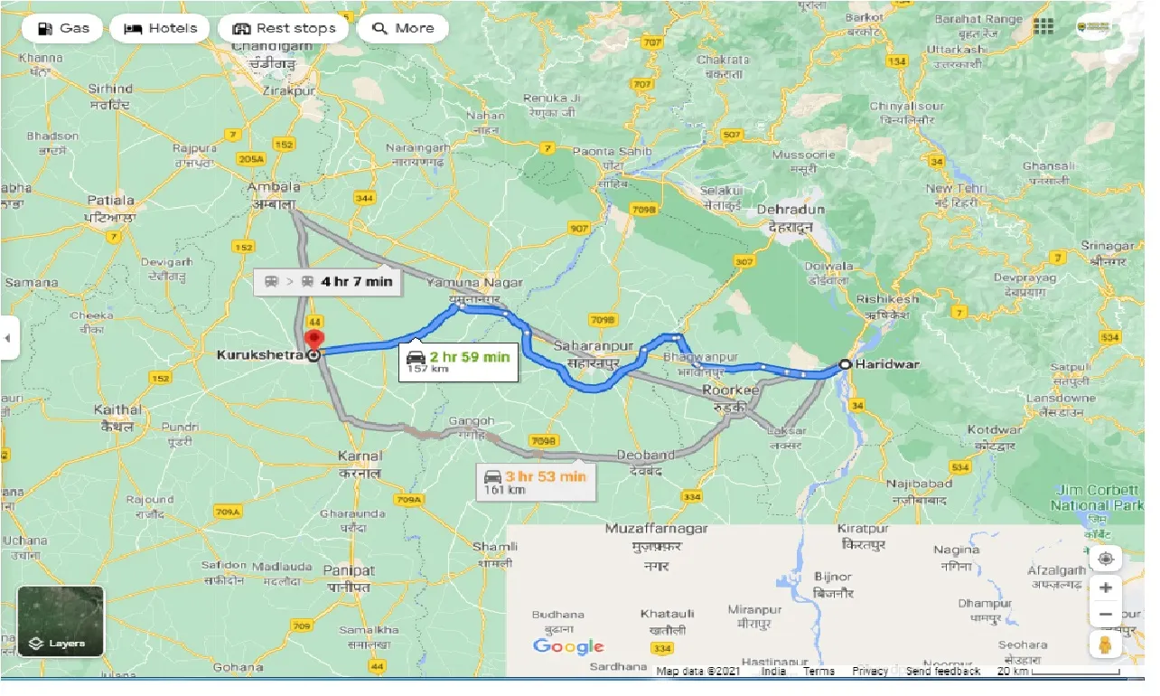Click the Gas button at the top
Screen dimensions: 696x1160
pos(62,28)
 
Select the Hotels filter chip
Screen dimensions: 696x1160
pos(161,28)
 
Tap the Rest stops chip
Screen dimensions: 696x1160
pos(284,28)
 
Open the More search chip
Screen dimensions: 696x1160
pos(404,28)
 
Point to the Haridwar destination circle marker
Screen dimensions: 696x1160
pos(845,364)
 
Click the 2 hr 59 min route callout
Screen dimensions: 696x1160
pos(458,361)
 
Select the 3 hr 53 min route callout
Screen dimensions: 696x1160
pos(536,481)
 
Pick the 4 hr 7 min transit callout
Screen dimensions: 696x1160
pos(328,281)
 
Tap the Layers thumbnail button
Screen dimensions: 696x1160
pos(61,620)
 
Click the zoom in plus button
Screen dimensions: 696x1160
pos(1105,587)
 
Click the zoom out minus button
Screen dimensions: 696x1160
pos(1105,616)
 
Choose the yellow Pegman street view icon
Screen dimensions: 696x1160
pos(1105,644)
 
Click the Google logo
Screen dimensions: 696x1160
pos(567,646)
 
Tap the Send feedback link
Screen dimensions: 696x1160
pos(943,672)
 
